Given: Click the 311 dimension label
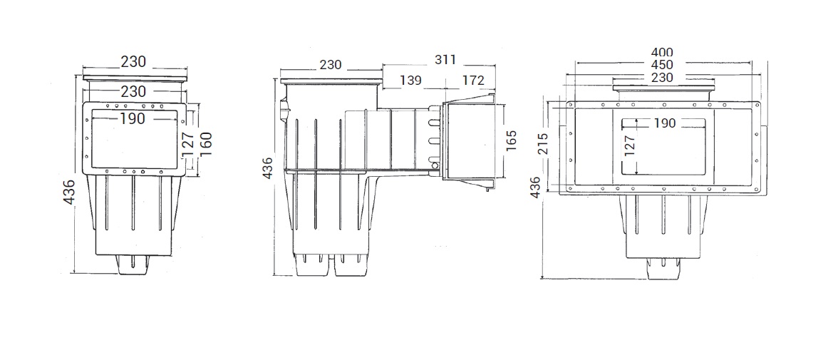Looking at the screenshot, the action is pos(445,59).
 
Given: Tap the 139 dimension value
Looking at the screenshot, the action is pos(410,81).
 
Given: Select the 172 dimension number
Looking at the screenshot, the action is pos(473,81).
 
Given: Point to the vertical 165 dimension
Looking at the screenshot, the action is pos(511,140).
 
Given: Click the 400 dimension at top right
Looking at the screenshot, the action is pos(661,53).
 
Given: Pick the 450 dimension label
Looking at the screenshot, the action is pos(661,65).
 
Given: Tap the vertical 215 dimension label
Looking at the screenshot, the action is pos(544,143).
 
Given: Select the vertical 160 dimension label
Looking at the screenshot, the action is pos(206,144).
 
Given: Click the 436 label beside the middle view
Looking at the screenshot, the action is pos(268,168).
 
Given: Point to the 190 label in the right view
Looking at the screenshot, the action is pos(665,123).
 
